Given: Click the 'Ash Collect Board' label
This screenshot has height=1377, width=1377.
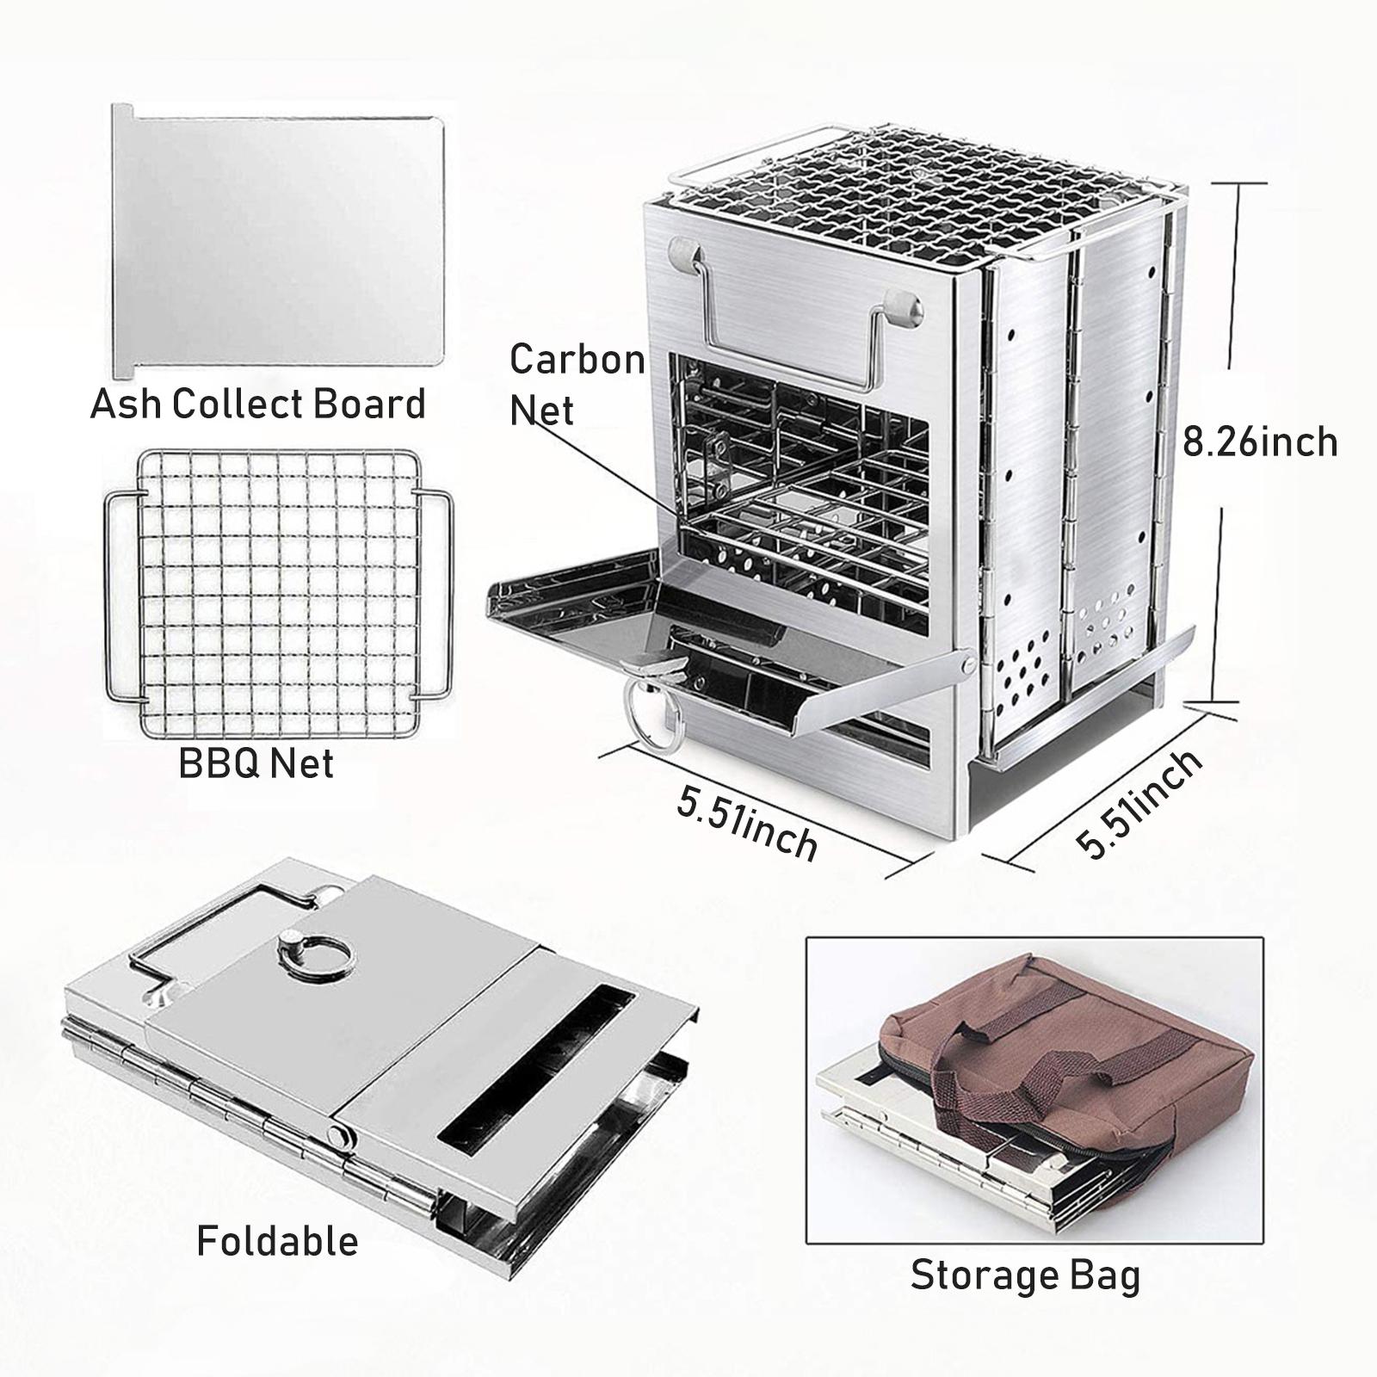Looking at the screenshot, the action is click(258, 404).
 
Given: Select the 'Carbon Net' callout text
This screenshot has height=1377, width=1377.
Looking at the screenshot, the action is click(577, 384).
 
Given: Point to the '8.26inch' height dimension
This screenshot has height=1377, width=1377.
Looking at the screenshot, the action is click(1260, 442).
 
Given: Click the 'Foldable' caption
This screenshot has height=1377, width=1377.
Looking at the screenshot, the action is click(277, 1240).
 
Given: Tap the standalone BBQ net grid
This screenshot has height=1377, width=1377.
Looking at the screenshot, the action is click(277, 594).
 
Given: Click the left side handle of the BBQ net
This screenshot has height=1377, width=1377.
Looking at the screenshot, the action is click(121, 594).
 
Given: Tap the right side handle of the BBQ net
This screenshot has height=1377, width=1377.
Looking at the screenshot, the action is click(435, 594).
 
